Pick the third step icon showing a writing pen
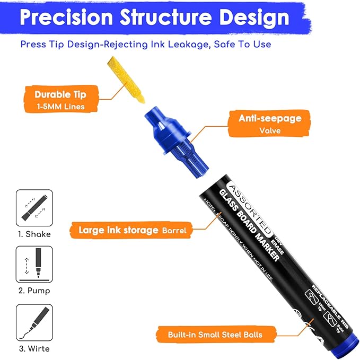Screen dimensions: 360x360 (x=34, y=322)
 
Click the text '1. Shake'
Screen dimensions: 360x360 (x=34, y=234)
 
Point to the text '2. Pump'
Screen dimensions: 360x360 (x=34, y=291)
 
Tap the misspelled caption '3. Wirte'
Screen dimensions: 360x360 (x=34, y=348)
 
